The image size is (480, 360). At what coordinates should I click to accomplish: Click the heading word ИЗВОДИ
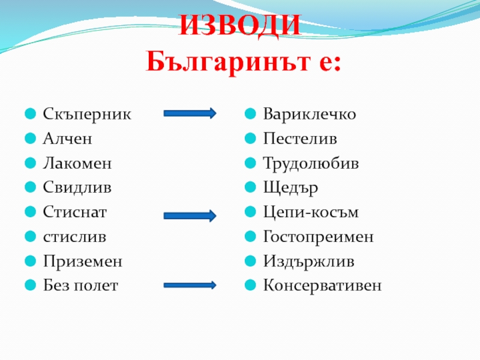(240, 25)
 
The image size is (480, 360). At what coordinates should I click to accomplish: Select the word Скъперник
(86, 114)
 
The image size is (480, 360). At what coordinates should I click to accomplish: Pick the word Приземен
(82, 262)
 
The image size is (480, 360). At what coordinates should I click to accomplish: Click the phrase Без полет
(80, 286)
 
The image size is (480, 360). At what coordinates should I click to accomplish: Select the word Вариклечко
(310, 114)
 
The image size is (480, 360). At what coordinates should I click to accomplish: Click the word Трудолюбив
(311, 163)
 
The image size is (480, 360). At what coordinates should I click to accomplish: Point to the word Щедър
(290, 188)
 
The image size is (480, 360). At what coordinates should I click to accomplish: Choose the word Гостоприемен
(318, 237)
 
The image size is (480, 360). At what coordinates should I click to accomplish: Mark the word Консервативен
(322, 286)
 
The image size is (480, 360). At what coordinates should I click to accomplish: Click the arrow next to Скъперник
(190, 113)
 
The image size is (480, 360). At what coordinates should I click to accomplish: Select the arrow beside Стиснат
(190, 215)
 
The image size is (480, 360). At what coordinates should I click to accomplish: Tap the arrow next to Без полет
(190, 285)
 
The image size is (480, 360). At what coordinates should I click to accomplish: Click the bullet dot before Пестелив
(251, 139)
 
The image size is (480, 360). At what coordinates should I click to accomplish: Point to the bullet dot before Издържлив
(251, 262)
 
